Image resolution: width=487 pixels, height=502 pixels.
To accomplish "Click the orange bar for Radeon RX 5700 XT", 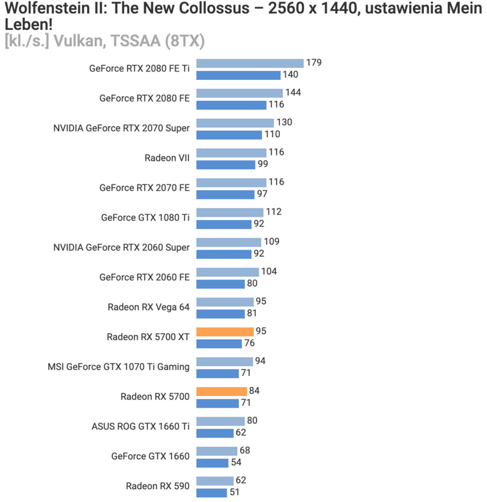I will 225,332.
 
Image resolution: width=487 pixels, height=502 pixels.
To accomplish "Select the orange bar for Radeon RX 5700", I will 221,392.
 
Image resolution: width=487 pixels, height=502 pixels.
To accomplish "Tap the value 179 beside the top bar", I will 314,63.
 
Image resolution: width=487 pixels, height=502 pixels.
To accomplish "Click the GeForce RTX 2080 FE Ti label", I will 140,69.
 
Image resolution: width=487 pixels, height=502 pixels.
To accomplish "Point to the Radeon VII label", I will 167,158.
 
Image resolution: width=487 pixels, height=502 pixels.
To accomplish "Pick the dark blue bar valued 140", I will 238,75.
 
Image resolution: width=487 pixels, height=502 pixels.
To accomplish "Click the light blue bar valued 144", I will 239,93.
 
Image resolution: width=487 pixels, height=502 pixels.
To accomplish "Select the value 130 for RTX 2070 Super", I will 284,123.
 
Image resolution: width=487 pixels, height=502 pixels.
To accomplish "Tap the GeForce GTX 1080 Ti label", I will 145,218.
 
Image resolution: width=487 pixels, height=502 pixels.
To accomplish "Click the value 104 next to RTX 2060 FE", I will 269,271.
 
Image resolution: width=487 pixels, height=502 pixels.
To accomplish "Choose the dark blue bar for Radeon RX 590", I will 212,493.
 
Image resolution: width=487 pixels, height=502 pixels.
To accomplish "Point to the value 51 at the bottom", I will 234,493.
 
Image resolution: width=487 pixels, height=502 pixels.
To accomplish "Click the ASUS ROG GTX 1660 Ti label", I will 141,427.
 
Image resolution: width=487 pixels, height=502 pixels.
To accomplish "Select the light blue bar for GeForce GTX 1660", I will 216,451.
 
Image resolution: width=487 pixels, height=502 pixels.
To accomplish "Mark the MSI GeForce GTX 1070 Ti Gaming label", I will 119,367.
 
